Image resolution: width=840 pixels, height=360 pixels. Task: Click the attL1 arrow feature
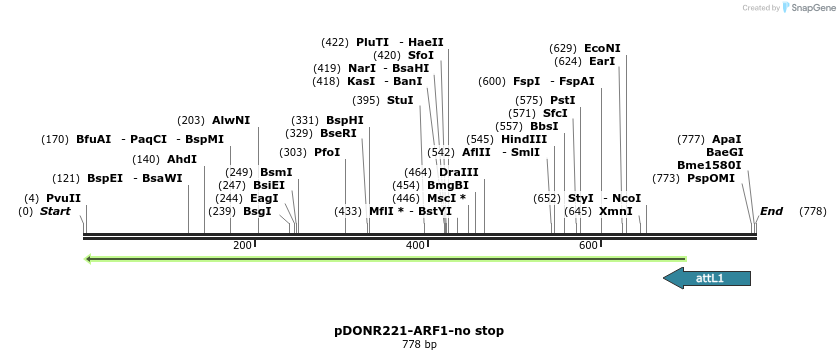pos(707,278)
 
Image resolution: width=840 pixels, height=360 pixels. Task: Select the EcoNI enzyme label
pos(602,48)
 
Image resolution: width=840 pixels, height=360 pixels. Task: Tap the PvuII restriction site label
pos(63,198)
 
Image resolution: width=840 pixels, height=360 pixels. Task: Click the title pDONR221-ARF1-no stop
pos(419,330)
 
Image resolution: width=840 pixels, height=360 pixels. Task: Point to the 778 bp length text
pos(419,345)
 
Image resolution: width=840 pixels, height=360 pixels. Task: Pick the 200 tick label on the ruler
pos(242,245)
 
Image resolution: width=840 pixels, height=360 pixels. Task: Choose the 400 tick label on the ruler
pos(415,245)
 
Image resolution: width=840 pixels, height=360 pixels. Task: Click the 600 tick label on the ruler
pos(588,245)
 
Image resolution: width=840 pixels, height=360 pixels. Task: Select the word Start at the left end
pos(55,211)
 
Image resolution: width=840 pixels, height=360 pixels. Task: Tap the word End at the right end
pos(771,211)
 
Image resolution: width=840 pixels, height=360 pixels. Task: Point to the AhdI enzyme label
pos(182,159)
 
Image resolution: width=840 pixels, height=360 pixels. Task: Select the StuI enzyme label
pos(400,100)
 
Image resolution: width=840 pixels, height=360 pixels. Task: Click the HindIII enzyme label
pos(524,139)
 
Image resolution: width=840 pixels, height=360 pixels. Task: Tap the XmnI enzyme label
pos(616,211)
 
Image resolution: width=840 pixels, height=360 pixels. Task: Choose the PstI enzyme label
pos(563,100)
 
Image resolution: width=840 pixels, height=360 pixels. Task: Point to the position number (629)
pos(563,48)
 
